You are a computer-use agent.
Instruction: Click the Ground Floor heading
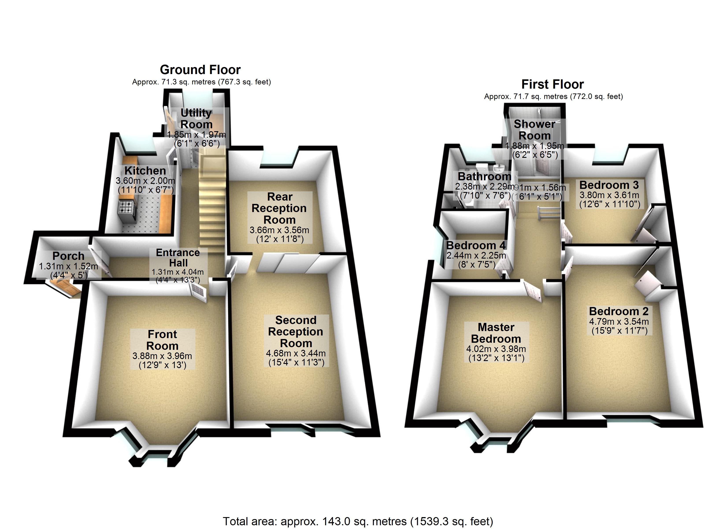pyautogui.click(x=200, y=70)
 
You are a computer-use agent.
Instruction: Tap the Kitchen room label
pyautogui.click(x=145, y=170)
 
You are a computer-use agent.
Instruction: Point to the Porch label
pyautogui.click(x=68, y=256)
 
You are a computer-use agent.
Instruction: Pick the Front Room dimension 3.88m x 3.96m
pyautogui.click(x=162, y=356)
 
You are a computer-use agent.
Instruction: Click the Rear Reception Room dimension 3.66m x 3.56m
pyautogui.click(x=279, y=230)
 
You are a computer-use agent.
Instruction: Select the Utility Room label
pyautogui.click(x=196, y=118)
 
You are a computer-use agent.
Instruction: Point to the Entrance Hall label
pyautogui.click(x=178, y=258)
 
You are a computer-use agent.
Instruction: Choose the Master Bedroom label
pyautogui.click(x=496, y=333)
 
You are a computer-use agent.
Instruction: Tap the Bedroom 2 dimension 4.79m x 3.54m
pyautogui.click(x=619, y=321)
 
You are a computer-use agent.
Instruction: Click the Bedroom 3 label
pyautogui.click(x=609, y=185)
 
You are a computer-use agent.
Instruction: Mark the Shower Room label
pyautogui.click(x=534, y=130)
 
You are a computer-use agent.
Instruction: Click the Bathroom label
pyautogui.click(x=484, y=176)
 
